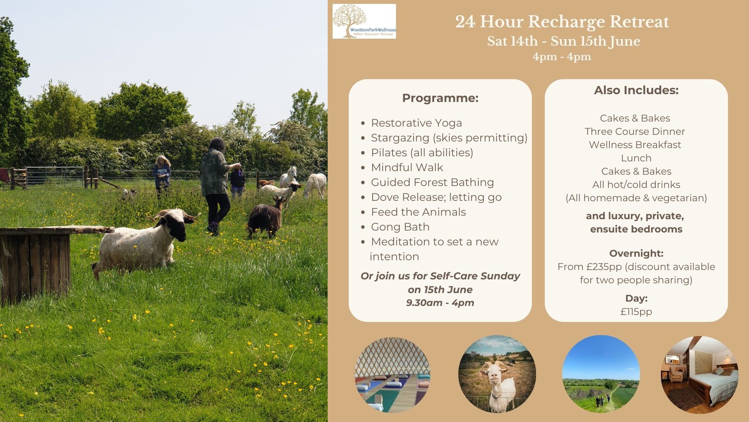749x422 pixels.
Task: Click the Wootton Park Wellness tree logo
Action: [x=364, y=21]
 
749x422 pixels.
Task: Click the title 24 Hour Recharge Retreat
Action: [x=562, y=22]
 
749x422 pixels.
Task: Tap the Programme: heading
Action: [x=440, y=98]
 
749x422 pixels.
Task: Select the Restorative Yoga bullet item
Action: [x=416, y=123]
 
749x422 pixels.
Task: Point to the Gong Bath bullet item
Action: [x=400, y=227]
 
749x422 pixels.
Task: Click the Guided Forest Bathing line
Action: [x=432, y=182]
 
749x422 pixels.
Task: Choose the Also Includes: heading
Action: [x=636, y=90]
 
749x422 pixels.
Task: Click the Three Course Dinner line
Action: [x=635, y=132]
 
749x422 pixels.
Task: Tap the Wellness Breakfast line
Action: [x=635, y=145]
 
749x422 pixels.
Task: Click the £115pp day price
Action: [x=636, y=312]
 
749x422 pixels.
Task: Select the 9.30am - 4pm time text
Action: [x=440, y=303]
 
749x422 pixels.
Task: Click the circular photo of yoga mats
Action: [x=392, y=374]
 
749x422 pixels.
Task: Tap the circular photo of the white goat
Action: [x=497, y=374]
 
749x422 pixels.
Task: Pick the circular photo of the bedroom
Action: [x=699, y=374]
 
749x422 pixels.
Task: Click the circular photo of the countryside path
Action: [x=601, y=374]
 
